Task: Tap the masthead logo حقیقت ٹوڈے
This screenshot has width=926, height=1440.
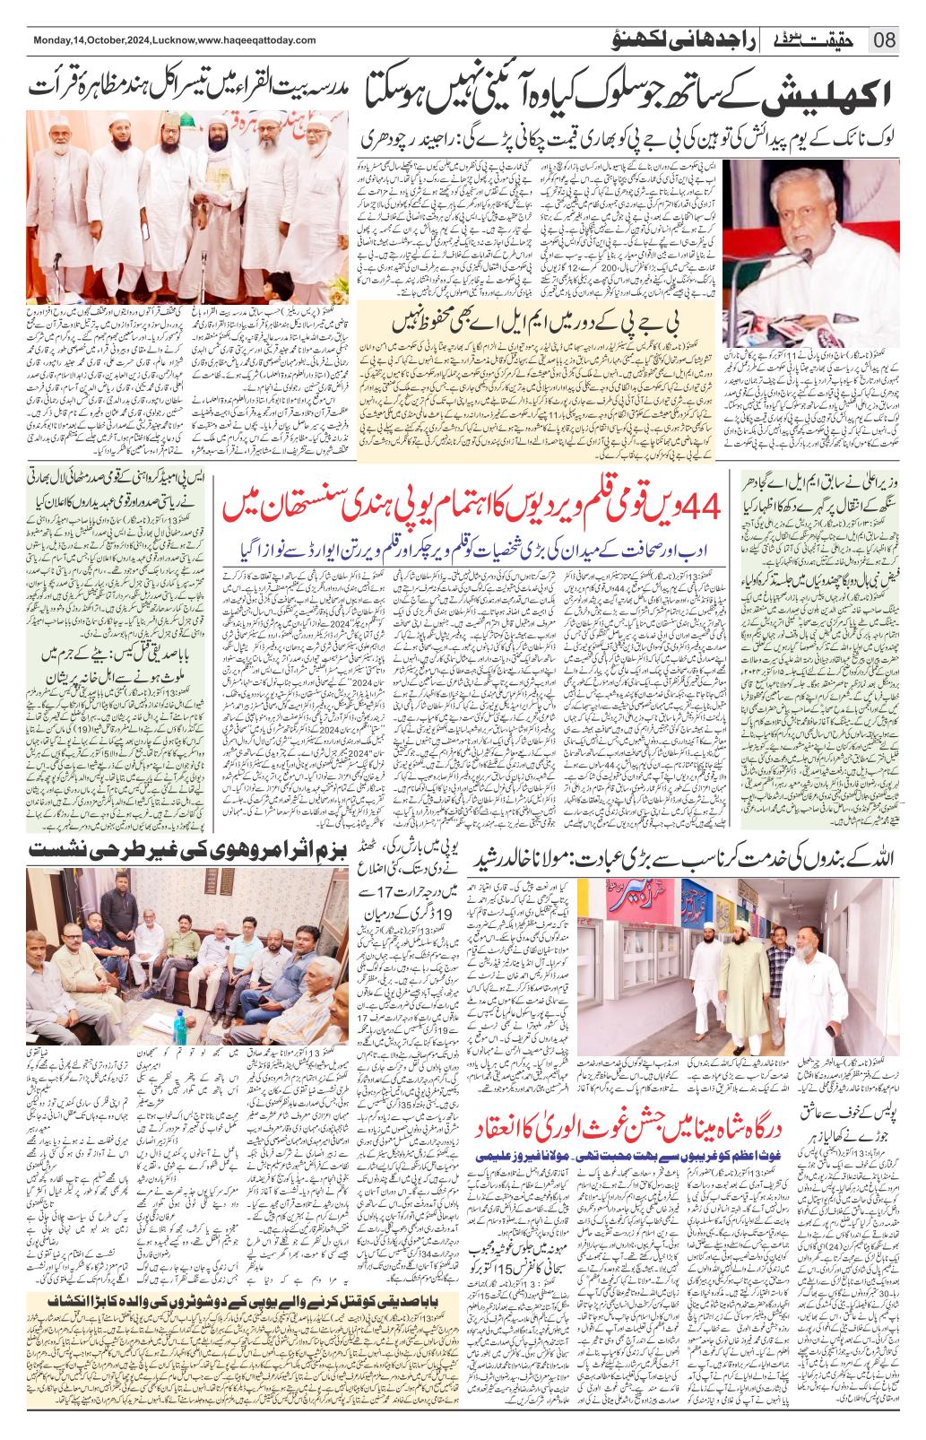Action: click(821, 39)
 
